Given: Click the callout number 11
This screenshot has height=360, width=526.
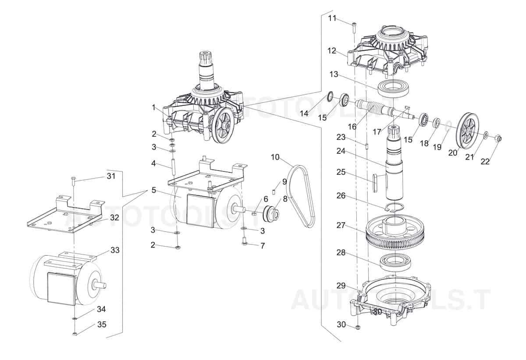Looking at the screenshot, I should point(332,18).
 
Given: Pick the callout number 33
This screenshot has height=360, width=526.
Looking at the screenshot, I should point(115,250).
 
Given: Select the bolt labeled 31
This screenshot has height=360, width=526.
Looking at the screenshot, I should point(73,179).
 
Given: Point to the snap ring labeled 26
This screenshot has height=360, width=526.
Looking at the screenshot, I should point(393,207).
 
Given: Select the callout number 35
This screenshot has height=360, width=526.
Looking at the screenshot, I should point(101,325).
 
